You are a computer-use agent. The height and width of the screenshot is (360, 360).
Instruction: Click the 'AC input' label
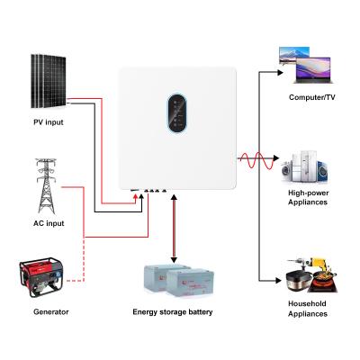47,222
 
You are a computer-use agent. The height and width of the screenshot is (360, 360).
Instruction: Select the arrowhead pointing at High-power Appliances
276,162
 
